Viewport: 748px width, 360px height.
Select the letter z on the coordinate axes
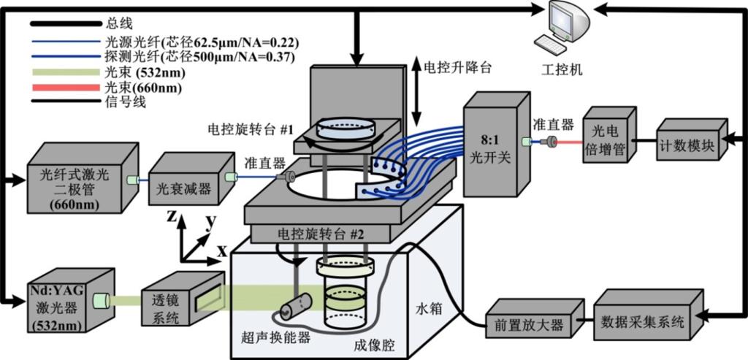click(171, 216)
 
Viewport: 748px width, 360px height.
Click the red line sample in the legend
click(63, 87)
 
